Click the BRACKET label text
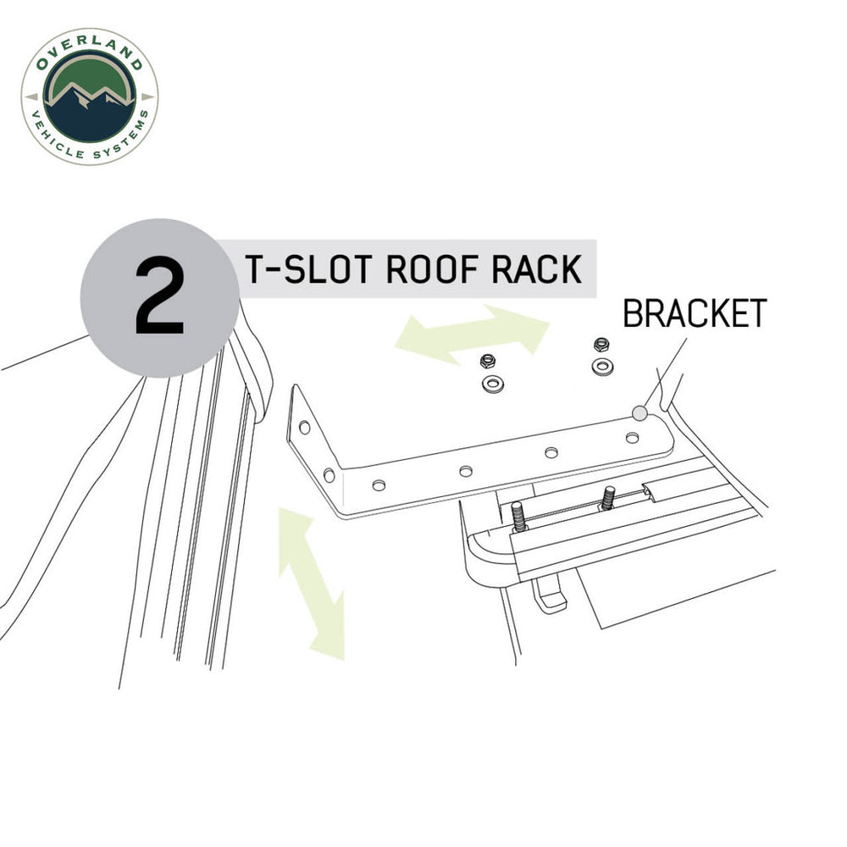695,313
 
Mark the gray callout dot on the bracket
639,412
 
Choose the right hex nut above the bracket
601,344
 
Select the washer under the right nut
602,367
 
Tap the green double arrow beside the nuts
473,334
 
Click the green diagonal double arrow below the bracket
312,582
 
